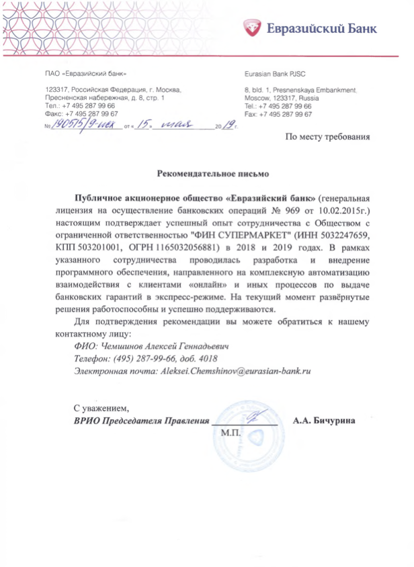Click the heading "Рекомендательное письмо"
[x=212, y=174]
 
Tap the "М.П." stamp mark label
[x=231, y=433]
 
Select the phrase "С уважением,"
[x=100, y=407]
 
